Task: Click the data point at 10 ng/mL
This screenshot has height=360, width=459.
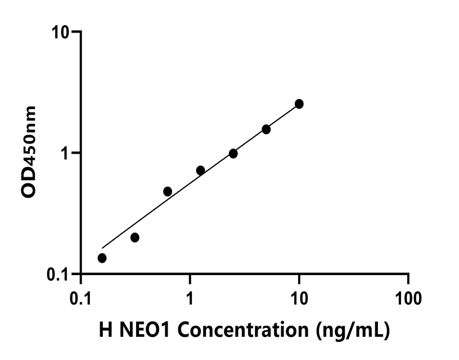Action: tap(299, 104)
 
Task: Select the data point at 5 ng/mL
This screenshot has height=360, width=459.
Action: tap(266, 129)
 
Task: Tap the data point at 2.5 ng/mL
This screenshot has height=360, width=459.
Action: tap(233, 154)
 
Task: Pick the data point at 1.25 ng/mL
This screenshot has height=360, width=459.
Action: tap(200, 170)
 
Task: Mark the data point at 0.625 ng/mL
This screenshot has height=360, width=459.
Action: tap(168, 191)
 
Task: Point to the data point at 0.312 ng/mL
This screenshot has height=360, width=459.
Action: tap(135, 237)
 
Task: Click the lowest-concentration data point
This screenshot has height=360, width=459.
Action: tap(102, 258)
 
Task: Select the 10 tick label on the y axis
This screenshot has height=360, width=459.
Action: tap(61, 31)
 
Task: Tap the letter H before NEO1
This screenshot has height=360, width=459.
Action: tap(105, 328)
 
